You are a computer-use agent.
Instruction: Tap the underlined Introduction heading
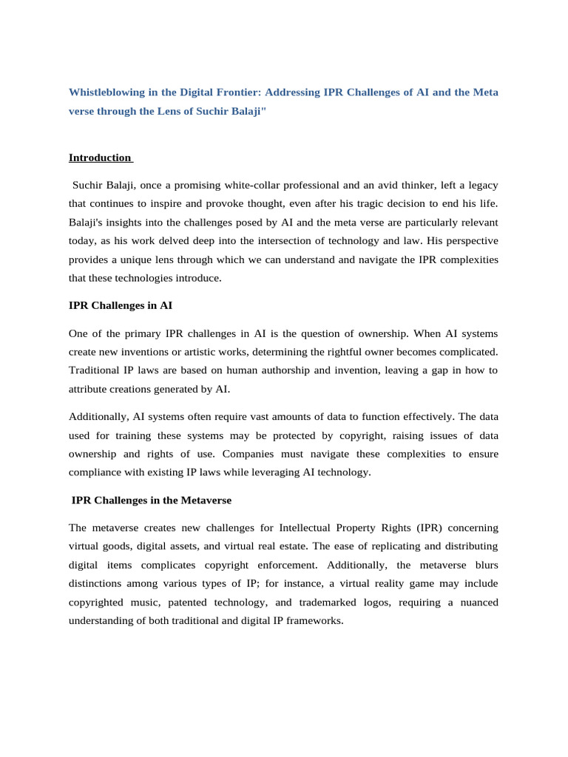coord(100,157)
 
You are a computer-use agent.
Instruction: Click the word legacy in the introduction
coord(480,184)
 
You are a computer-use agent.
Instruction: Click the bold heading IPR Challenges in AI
coord(121,305)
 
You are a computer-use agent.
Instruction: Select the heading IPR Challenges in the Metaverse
coord(152,500)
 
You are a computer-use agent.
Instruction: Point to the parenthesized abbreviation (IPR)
coord(432,528)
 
